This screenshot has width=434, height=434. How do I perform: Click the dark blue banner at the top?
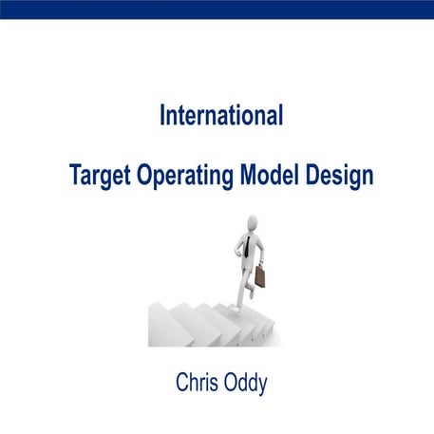coord(217,9)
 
